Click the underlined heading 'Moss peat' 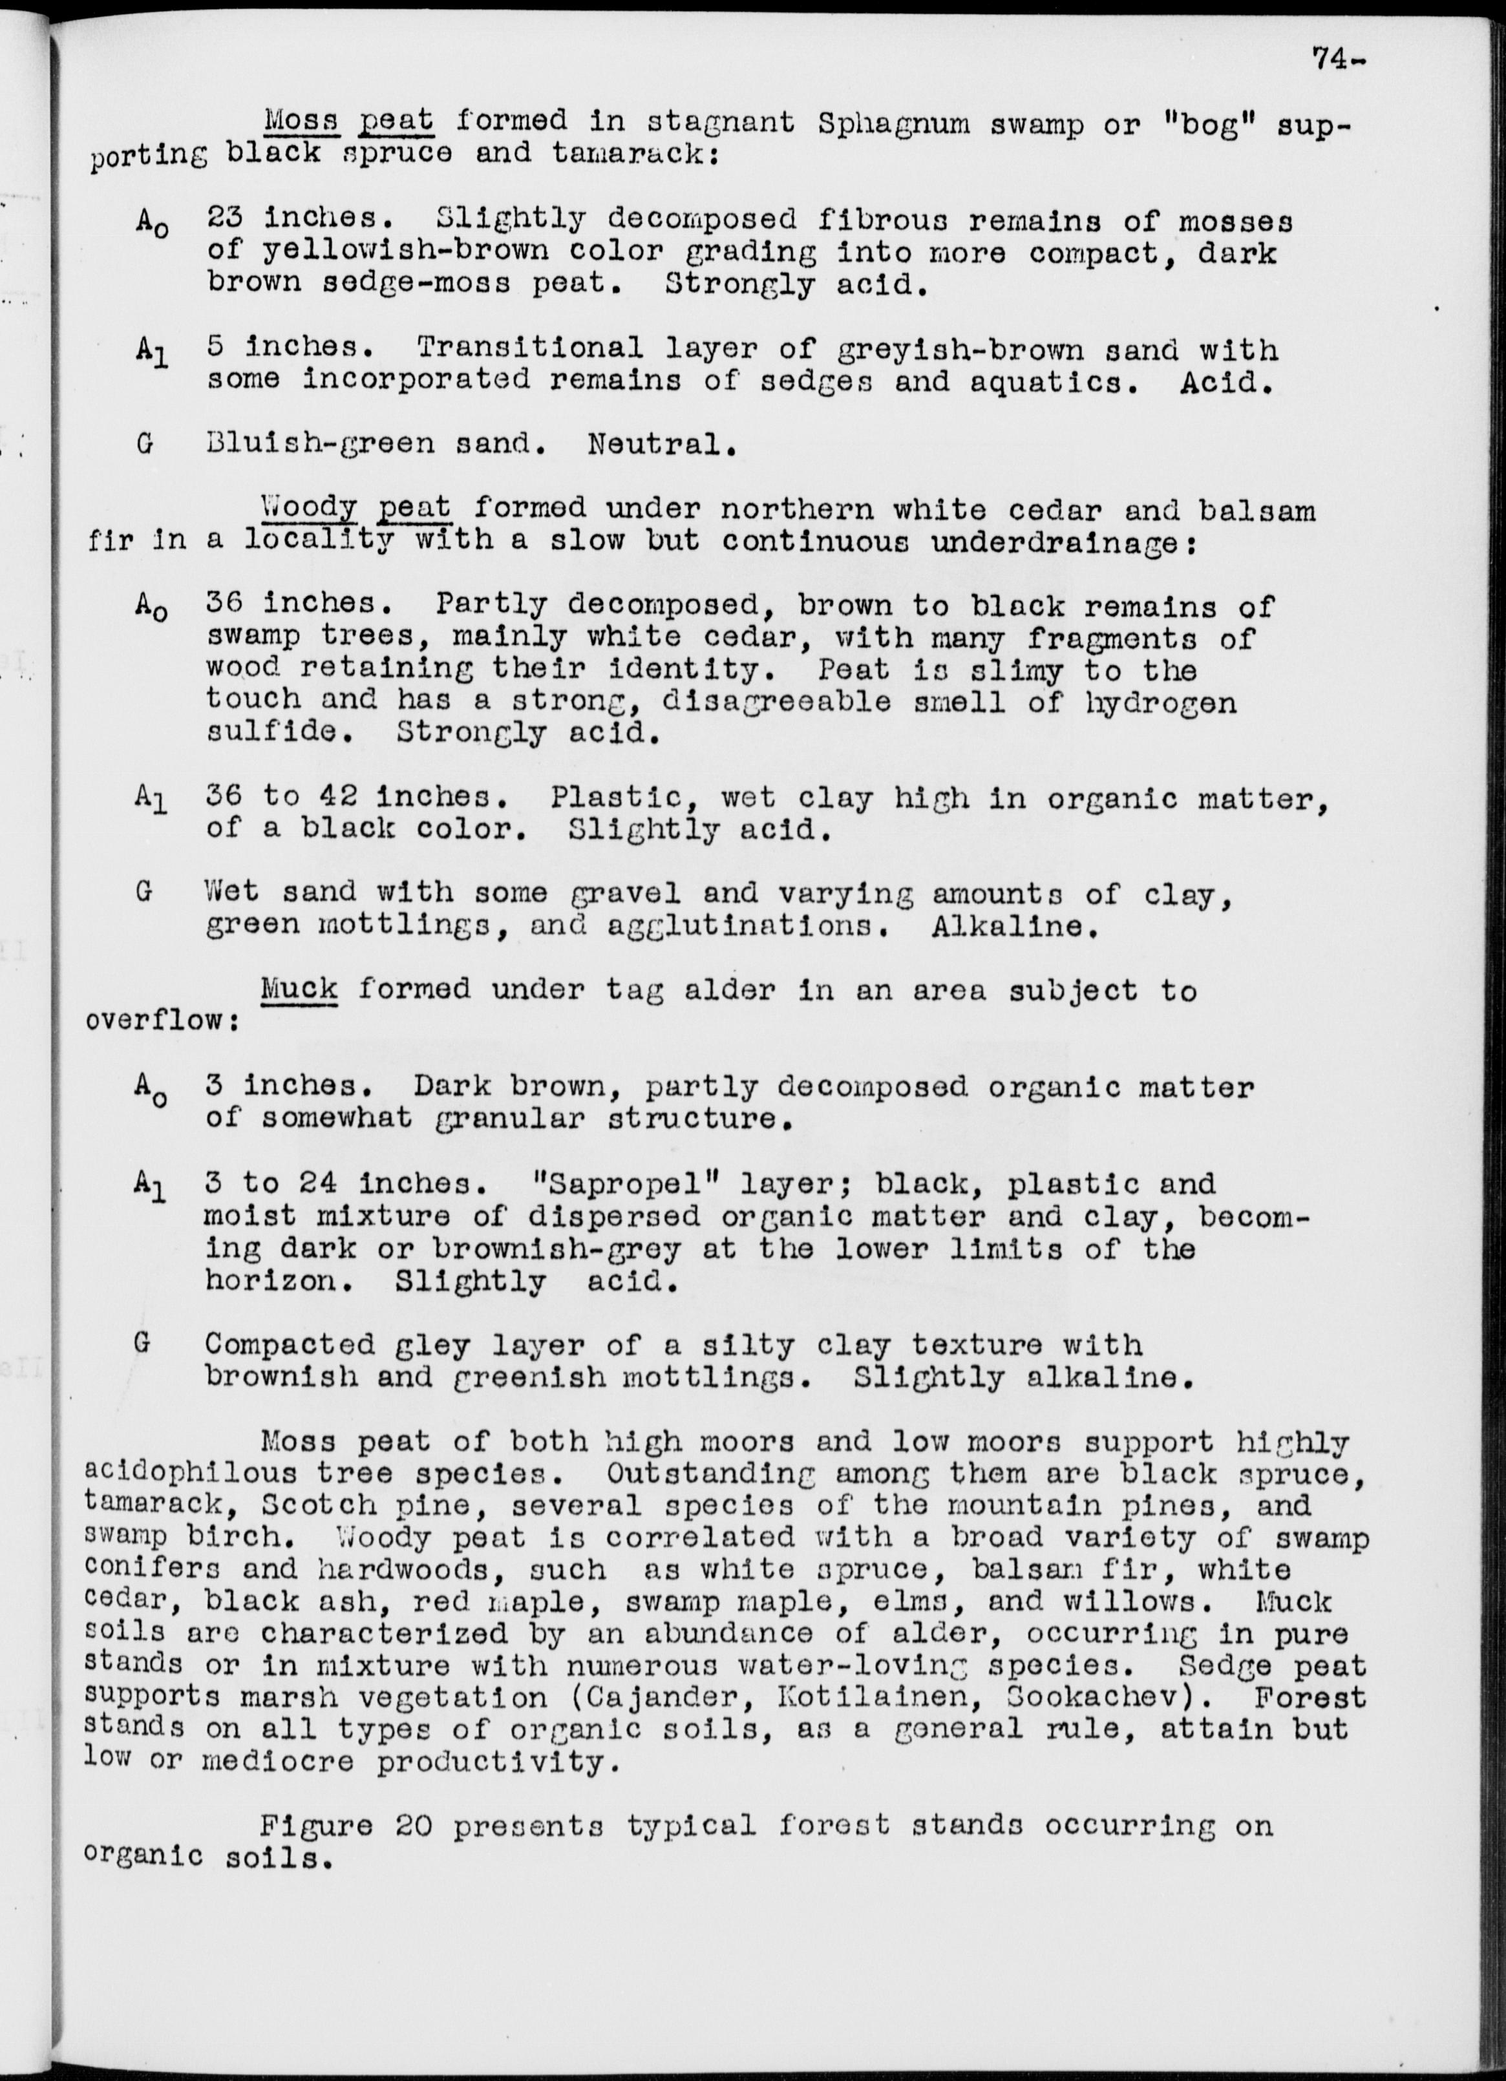349,120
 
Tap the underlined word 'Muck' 299,988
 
